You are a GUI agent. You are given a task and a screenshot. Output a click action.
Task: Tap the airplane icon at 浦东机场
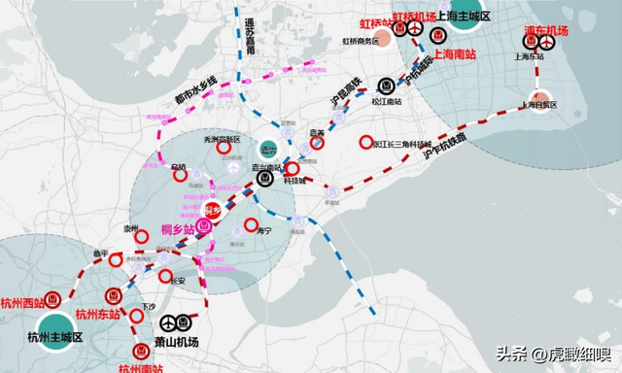(546, 41)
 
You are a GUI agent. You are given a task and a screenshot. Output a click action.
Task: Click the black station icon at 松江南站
(387, 85)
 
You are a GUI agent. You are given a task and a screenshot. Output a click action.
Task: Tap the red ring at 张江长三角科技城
(366, 141)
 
